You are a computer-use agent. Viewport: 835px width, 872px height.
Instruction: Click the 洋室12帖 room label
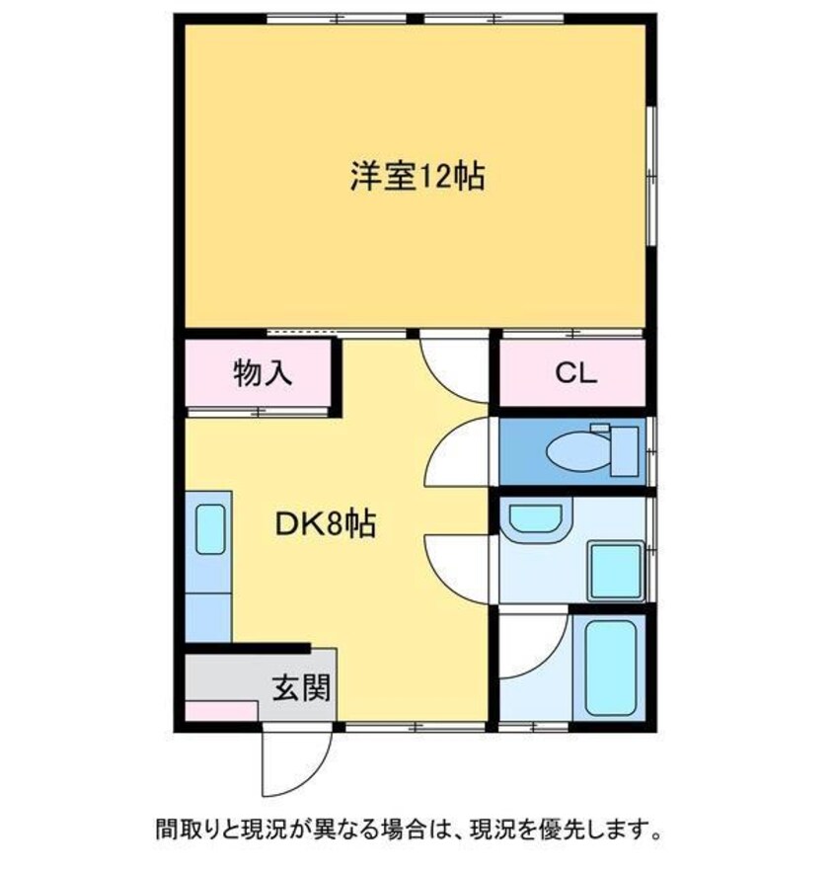tap(417, 177)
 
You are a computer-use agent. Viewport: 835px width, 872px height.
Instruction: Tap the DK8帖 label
tap(327, 523)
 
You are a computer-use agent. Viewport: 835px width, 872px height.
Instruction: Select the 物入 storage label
tap(263, 372)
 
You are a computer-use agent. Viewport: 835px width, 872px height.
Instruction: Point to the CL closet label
tap(576, 373)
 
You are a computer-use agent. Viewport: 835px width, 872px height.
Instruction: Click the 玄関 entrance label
tap(301, 687)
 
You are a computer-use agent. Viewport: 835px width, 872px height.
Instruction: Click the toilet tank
tap(625, 451)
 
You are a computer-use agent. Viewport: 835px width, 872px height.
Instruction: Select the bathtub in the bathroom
tap(610, 668)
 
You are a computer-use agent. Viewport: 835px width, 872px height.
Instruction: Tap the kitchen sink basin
tap(210, 529)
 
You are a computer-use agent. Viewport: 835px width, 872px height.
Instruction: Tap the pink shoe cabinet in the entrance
tap(221, 711)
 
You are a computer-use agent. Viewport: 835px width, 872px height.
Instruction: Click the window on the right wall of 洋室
tap(651, 175)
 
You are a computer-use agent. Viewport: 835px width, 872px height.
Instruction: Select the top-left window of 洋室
tap(337, 19)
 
